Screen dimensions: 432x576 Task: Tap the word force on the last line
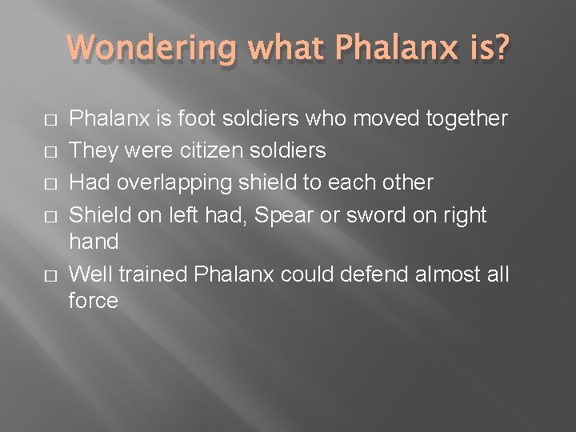tap(94, 302)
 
